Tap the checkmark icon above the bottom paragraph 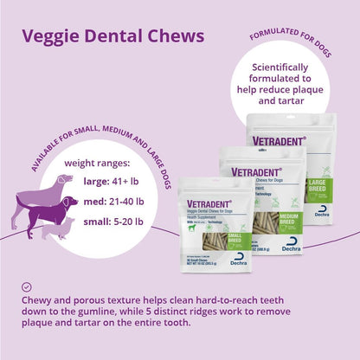click(x=27, y=286)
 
